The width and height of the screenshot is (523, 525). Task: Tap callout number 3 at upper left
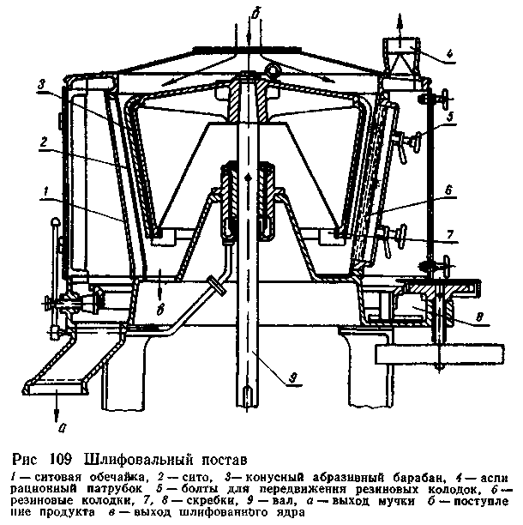pos(40,85)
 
